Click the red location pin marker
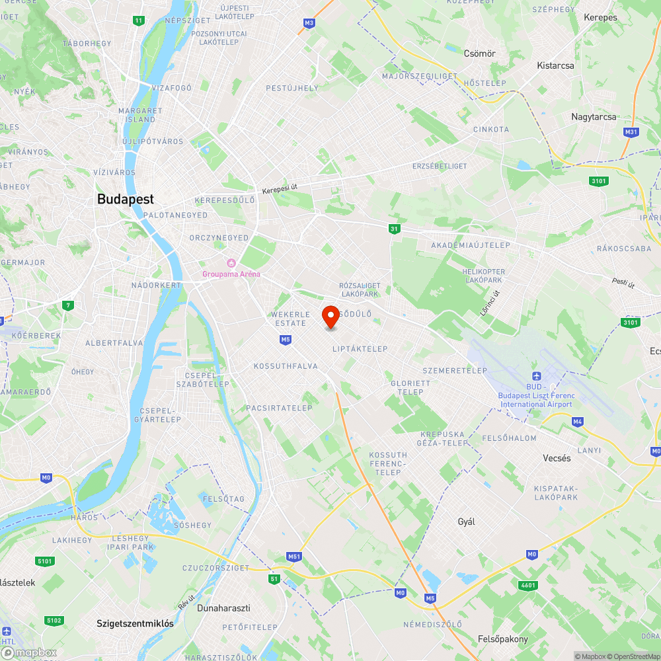point(330,316)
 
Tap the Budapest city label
point(125,199)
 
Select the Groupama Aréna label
point(231,274)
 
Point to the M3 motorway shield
point(309,23)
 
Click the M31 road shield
point(631,132)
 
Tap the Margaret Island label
point(140,115)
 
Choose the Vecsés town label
point(557,458)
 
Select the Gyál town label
point(467,522)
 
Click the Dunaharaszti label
point(224,607)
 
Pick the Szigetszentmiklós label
point(135,623)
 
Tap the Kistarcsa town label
point(555,66)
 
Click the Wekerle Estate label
point(290,319)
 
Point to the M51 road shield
point(295,557)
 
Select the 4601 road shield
point(529,585)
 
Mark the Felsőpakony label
point(503,639)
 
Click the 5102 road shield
point(54,620)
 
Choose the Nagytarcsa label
point(594,117)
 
